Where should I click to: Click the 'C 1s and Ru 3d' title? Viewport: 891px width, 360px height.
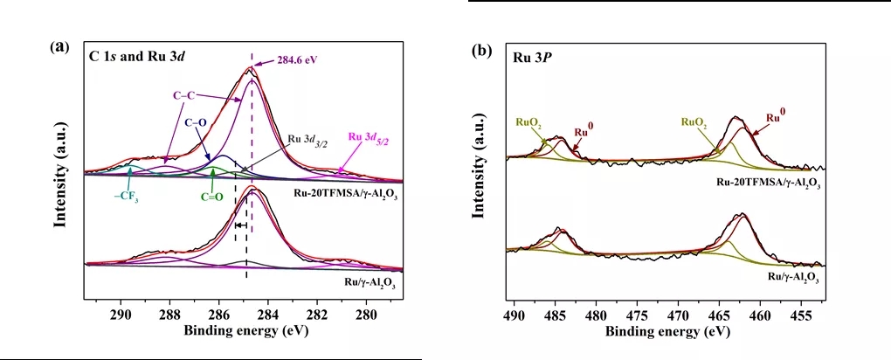tap(141, 57)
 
